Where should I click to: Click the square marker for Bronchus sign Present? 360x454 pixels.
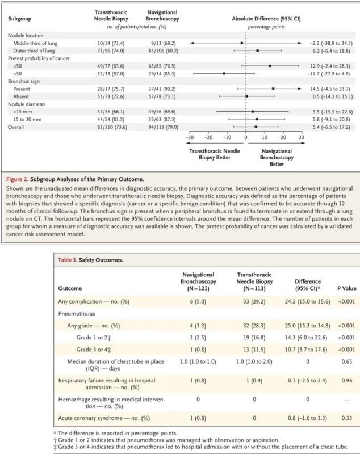[x=273, y=88]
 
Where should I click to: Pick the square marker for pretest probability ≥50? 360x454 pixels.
[x=224, y=73]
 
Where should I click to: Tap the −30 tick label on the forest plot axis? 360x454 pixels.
[x=189, y=137]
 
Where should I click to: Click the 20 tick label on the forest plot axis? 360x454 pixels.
[x=283, y=137]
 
